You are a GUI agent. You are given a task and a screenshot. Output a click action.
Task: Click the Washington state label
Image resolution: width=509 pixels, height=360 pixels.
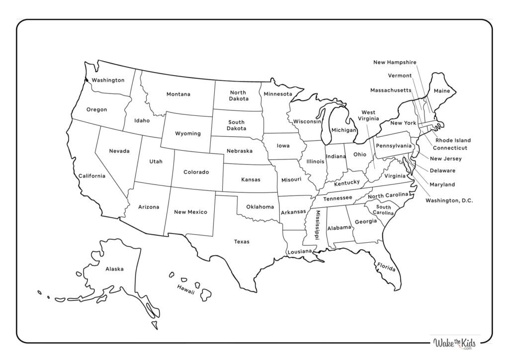pos(108,80)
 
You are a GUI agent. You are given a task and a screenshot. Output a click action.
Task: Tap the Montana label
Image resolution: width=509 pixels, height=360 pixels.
pos(178,94)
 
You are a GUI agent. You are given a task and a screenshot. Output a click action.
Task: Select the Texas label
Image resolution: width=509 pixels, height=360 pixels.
pos(242,242)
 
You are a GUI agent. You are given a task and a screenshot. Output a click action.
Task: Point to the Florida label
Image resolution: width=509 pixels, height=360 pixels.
pos(386,267)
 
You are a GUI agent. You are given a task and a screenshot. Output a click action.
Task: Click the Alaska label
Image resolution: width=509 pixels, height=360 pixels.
pos(114,269)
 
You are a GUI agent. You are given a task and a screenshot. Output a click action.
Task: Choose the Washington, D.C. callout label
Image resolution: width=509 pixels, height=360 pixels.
pos(449,200)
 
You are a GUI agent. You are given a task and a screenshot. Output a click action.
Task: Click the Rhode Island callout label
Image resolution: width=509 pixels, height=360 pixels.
pos(453,140)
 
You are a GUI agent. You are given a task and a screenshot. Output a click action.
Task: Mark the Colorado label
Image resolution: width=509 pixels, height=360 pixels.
pos(196,172)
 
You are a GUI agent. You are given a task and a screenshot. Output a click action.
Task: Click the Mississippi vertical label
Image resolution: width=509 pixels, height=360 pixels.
pos(317,225)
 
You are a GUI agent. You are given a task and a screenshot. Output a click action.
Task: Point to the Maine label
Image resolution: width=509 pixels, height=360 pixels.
pos(441,91)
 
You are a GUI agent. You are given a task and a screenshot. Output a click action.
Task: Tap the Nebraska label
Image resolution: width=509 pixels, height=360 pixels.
pos(239,151)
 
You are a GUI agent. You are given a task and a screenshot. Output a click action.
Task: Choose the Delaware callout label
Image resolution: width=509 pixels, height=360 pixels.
pos(442,171)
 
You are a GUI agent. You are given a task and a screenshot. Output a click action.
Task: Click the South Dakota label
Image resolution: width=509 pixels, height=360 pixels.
pos(237,125)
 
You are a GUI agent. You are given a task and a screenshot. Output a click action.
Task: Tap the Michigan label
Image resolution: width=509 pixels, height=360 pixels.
pos(343,130)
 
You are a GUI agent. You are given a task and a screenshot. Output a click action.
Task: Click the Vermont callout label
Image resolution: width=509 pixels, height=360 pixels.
pos(400,76)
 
